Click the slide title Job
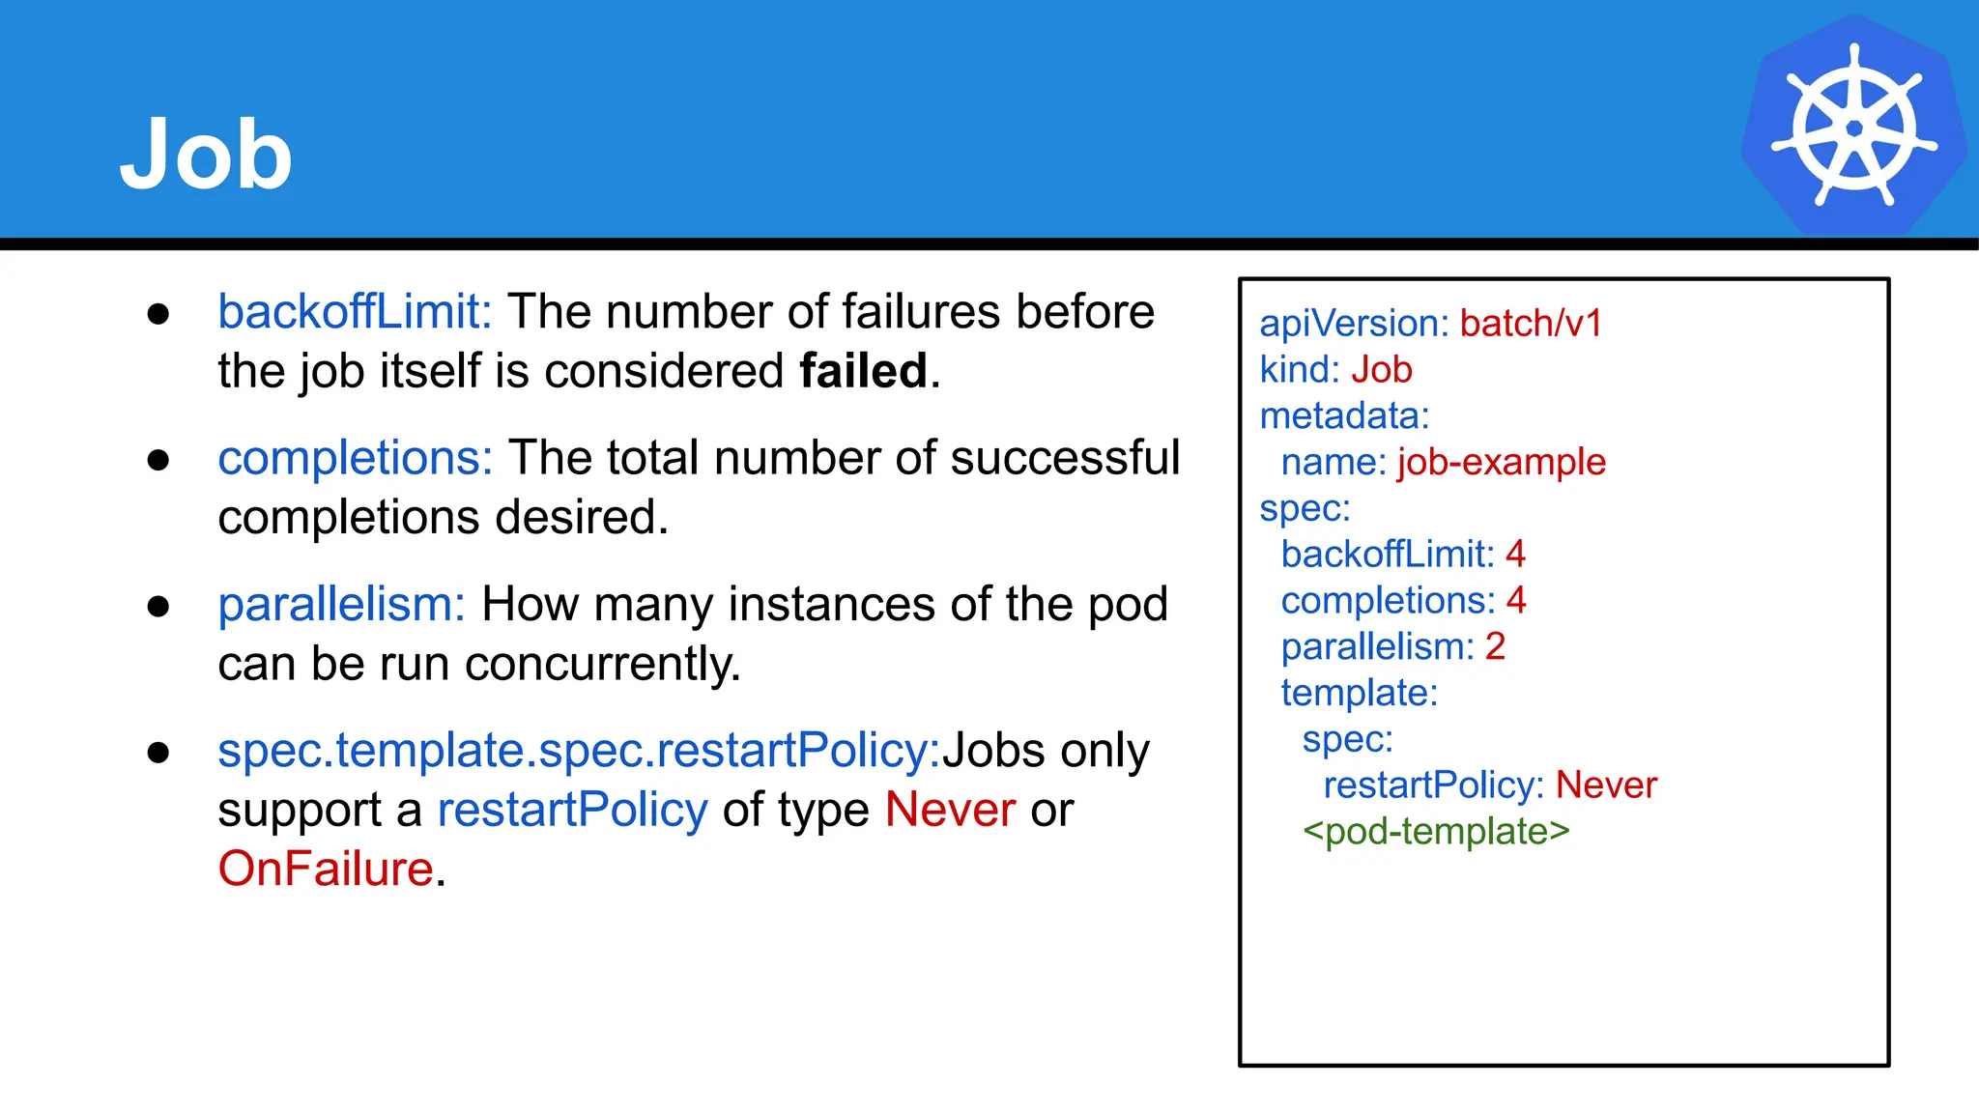206,155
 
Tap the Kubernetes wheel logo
1853,127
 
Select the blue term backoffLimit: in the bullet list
355,312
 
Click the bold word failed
863,371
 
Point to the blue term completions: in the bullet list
355,458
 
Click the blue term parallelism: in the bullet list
341,605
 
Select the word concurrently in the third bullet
602,665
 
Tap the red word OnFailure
326,869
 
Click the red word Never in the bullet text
950,810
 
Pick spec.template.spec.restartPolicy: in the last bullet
579,751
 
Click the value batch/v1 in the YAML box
1531,324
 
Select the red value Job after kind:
1382,370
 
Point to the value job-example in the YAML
1502,462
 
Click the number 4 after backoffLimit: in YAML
1515,555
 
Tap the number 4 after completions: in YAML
1516,601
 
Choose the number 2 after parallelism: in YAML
1495,646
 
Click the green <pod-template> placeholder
1436,832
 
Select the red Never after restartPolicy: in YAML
1606,785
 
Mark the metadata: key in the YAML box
1344,416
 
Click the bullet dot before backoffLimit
158,313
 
